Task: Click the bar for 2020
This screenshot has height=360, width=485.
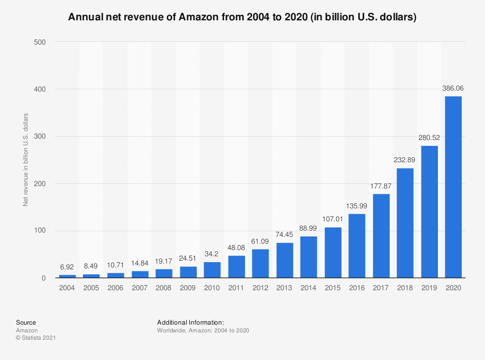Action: [453, 187]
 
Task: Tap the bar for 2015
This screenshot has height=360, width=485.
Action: [333, 252]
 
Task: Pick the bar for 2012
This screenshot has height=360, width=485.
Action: [260, 264]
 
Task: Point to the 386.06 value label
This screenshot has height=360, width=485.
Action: [453, 89]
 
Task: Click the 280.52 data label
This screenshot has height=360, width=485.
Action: [429, 138]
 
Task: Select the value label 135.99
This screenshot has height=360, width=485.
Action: [357, 206]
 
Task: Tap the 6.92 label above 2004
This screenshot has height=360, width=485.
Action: [68, 267]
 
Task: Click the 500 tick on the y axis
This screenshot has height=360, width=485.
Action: [39, 42]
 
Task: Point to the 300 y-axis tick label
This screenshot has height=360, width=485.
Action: [39, 137]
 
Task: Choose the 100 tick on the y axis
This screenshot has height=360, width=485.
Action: [39, 231]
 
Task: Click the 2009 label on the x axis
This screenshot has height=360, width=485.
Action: [188, 288]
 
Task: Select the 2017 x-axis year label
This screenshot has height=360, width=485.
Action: [381, 288]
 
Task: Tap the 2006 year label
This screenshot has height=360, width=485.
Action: [116, 288]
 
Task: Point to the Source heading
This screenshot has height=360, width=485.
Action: [26, 322]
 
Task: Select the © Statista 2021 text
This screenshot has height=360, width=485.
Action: [36, 338]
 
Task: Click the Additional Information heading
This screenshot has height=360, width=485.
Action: [190, 322]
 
